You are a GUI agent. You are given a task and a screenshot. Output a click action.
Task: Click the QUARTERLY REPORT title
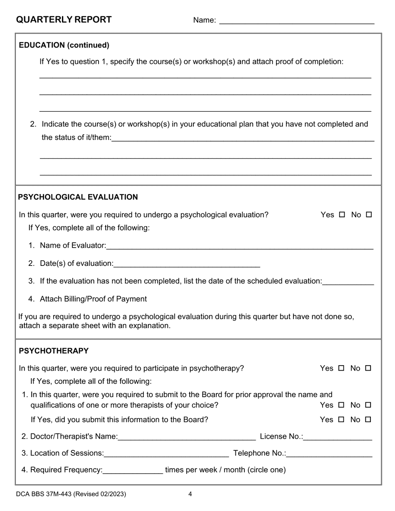pyautogui.click(x=64, y=20)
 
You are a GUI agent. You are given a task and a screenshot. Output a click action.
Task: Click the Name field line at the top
pyautogui.click(x=296, y=21)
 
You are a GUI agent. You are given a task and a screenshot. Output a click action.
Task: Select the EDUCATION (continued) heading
pyautogui.click(x=64, y=45)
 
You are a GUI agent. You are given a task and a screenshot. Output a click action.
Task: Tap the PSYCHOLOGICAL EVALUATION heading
pyautogui.click(x=78, y=197)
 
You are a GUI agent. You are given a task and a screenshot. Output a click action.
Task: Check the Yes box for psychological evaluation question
pyautogui.click(x=342, y=215)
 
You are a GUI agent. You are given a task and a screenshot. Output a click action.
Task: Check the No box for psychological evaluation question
pyautogui.click(x=369, y=215)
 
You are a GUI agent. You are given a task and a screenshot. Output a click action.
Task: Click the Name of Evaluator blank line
pyautogui.click(x=239, y=246)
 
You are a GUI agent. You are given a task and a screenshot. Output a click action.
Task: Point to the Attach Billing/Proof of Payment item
pyautogui.click(x=93, y=299)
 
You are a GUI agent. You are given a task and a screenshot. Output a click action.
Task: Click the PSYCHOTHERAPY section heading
pyautogui.click(x=54, y=351)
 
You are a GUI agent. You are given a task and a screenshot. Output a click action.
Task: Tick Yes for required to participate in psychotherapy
pyautogui.click(x=341, y=368)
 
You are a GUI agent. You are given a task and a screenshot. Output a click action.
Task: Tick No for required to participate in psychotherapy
pyautogui.click(x=368, y=368)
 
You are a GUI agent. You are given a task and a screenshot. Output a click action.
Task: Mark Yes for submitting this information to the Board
pyautogui.click(x=341, y=420)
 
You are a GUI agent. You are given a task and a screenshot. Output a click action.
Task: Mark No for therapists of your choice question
pyautogui.click(x=368, y=405)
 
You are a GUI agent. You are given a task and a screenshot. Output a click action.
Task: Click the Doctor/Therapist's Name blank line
pyautogui.click(x=187, y=437)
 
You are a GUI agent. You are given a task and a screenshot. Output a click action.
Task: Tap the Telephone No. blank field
pyautogui.click(x=329, y=454)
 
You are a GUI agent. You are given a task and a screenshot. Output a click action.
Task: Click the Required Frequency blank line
pyautogui.click(x=133, y=471)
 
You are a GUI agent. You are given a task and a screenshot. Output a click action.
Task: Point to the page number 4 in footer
pyautogui.click(x=190, y=494)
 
